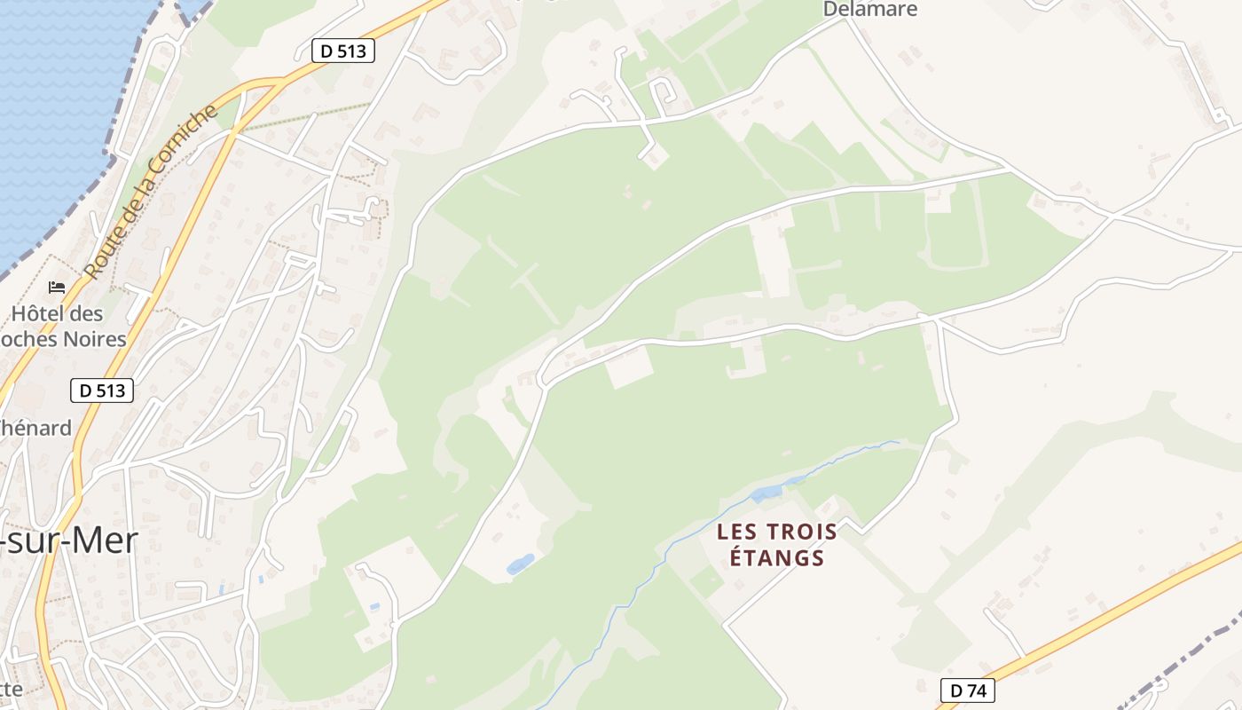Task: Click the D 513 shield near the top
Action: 343,51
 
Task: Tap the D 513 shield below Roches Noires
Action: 102,390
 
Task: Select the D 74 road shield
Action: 967,690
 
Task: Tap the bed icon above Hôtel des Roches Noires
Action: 57,288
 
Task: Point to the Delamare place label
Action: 870,9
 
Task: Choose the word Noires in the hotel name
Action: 94,339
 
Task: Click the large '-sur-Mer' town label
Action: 69,540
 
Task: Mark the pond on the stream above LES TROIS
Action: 766,492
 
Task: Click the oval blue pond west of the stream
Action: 520,564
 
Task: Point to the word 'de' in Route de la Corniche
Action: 125,223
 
